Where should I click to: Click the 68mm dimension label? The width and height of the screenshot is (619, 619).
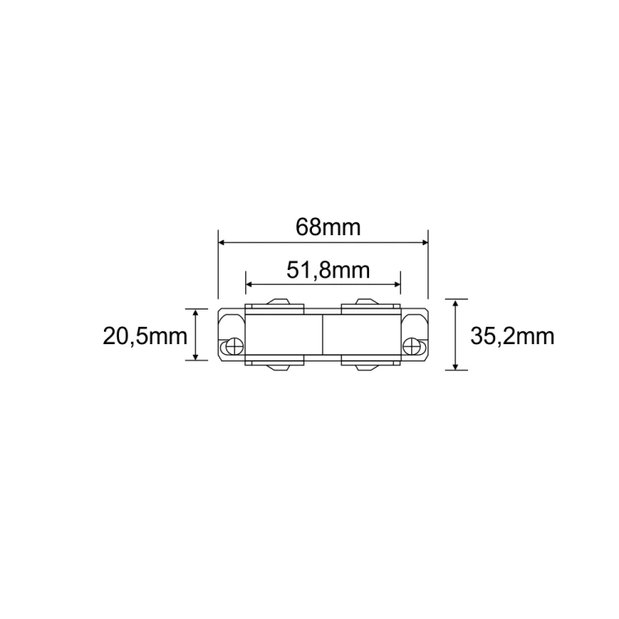(x=328, y=228)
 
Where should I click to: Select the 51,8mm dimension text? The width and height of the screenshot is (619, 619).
(x=328, y=271)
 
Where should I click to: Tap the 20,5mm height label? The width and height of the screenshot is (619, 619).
(x=145, y=337)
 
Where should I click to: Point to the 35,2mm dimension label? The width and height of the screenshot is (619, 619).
(x=513, y=337)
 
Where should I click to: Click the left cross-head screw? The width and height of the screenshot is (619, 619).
(x=234, y=347)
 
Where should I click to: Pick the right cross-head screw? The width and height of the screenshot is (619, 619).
(x=411, y=346)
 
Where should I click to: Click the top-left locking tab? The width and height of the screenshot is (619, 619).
(x=279, y=301)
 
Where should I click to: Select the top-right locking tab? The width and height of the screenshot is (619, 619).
(x=366, y=301)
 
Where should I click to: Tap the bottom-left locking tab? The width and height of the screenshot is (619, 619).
(x=279, y=367)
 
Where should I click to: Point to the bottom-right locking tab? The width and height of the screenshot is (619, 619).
(x=366, y=367)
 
